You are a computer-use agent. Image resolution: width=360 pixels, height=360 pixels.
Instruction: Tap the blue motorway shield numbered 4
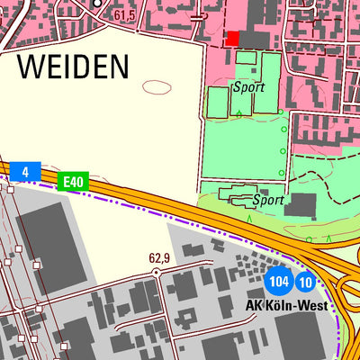pyautogui.click(x=27, y=171)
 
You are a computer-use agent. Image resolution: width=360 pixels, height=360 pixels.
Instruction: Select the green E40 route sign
pyautogui.click(x=73, y=183)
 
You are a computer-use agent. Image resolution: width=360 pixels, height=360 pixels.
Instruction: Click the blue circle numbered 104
pyautogui.click(x=280, y=283)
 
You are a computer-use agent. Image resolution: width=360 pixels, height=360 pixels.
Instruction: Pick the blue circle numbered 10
pyautogui.click(x=306, y=283)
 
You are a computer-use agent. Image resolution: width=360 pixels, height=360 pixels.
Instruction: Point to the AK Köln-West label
pyautogui.click(x=288, y=305)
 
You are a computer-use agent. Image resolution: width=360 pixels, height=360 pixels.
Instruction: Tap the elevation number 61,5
pyautogui.click(x=124, y=16)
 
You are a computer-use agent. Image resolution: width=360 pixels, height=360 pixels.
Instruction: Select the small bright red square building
pyautogui.click(x=233, y=38)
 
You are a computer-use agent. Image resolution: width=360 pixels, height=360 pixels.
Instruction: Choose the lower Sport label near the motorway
pyautogui.click(x=269, y=200)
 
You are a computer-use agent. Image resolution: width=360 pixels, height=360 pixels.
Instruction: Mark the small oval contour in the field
pyautogui.click(x=157, y=87)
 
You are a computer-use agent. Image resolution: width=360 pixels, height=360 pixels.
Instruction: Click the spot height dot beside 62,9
pyautogui.click(x=156, y=270)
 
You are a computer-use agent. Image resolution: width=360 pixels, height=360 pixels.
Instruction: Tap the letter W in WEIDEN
pyautogui.click(x=31, y=66)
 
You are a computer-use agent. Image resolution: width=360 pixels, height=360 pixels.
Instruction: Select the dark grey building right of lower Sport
pyautogui.click(x=302, y=205)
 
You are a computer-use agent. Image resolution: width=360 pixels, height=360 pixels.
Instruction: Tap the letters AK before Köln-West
pyautogui.click(x=253, y=305)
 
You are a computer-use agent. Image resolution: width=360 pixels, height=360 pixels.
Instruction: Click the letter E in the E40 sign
pyautogui.click(x=66, y=183)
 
